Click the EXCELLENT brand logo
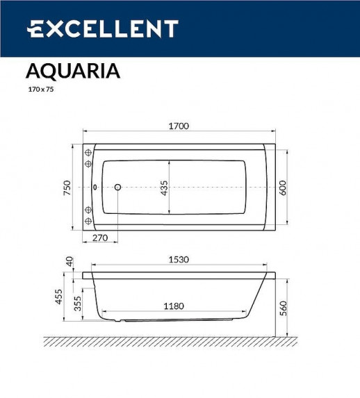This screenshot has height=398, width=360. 102,28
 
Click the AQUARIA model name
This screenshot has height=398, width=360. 72,71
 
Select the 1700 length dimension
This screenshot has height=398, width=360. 179,126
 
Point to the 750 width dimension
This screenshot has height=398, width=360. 67,188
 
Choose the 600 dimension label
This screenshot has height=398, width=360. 283,188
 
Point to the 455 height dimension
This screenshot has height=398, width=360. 60,297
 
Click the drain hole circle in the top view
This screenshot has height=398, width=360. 117,188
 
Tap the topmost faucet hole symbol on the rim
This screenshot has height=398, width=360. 88,153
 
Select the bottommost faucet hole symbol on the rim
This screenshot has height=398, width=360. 88,221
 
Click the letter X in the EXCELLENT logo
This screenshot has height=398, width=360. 54,28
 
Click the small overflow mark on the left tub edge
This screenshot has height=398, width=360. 95,188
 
